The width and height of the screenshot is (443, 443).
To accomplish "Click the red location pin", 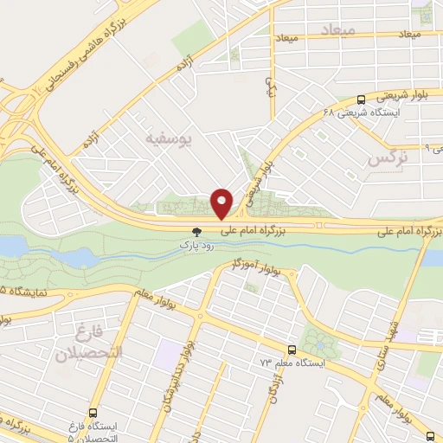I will click(222, 203).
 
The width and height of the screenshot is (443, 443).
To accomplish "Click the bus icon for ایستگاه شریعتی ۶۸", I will click(361, 100).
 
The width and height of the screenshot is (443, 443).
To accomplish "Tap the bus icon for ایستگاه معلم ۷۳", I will click(291, 350).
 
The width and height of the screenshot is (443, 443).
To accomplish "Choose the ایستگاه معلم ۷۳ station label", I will click(293, 364).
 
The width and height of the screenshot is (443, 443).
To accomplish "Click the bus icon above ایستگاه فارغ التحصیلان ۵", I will click(93, 413).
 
